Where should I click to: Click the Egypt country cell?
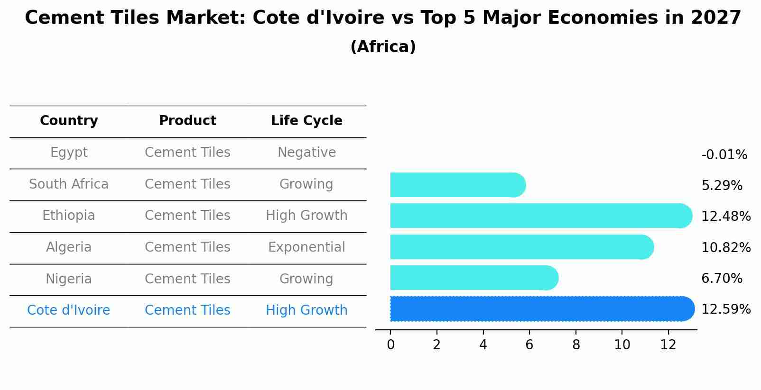coord(69,153)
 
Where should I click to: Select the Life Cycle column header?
coord(306,121)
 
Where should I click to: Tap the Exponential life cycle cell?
coord(306,247)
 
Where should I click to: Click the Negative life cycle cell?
coord(306,153)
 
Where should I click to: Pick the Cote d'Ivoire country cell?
coord(69,310)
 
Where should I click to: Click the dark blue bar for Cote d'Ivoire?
coord(541,308)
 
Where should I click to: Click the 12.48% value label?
coord(725,217)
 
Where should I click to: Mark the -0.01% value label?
coord(724,155)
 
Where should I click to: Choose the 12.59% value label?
coord(725,309)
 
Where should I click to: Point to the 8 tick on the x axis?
coord(576,345)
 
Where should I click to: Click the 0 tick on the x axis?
coord(390,345)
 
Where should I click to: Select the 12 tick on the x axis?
coord(668,345)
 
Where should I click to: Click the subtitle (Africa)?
coord(383,47)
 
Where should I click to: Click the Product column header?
coord(187,121)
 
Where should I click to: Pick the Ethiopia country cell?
coord(69,216)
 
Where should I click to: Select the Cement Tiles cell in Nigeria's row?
coord(187,279)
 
